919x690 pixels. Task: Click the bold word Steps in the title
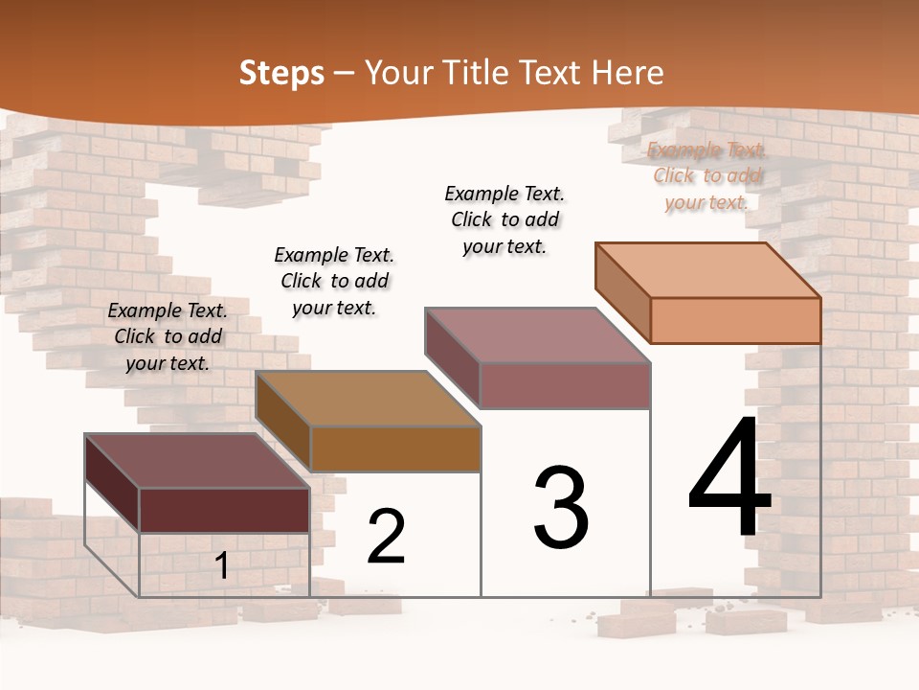click(x=280, y=73)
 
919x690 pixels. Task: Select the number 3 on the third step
click(x=561, y=508)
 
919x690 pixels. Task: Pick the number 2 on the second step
click(x=386, y=537)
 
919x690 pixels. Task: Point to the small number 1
click(x=221, y=566)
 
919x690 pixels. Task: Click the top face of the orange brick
click(x=708, y=270)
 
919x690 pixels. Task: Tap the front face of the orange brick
click(x=735, y=320)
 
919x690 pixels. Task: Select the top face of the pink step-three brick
click(x=536, y=335)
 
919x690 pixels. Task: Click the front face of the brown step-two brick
click(x=394, y=448)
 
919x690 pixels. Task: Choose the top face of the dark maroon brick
click(x=197, y=461)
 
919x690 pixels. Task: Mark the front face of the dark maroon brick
click(x=224, y=510)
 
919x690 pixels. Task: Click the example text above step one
click(x=168, y=336)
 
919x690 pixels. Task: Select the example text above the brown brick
click(x=334, y=281)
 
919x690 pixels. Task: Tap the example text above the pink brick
click(x=504, y=219)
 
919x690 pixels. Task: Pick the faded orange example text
click(x=706, y=175)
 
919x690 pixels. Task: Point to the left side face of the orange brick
click(x=622, y=291)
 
